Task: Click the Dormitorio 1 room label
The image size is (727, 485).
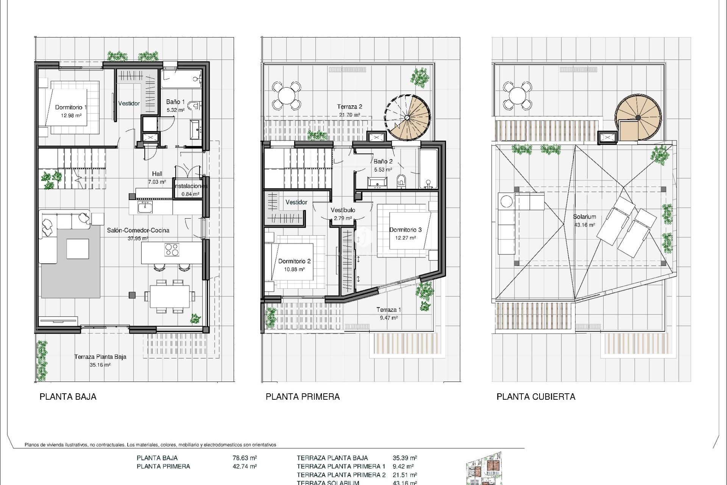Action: [71, 107]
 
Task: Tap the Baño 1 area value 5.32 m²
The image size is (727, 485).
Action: [176, 110]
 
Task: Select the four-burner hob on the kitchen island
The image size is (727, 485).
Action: [172, 250]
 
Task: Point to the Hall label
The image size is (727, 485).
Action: [157, 174]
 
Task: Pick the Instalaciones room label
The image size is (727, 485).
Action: [191, 186]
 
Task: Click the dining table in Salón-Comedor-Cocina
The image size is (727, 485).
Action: [170, 296]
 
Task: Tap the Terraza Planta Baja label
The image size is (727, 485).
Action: [100, 357]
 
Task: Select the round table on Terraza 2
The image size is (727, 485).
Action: [287, 95]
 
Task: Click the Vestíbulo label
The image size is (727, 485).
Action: [343, 210]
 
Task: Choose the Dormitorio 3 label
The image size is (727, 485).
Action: [405, 230]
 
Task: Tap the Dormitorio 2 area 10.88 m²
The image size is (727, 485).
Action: [294, 269]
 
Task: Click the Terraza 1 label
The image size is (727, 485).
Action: [388, 310]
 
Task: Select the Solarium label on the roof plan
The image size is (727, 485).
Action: [584, 217]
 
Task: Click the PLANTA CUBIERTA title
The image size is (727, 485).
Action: [535, 397]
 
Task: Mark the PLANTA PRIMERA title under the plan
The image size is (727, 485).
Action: [303, 397]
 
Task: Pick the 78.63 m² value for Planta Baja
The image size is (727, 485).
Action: [245, 458]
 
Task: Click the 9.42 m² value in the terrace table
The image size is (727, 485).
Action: [403, 466]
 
